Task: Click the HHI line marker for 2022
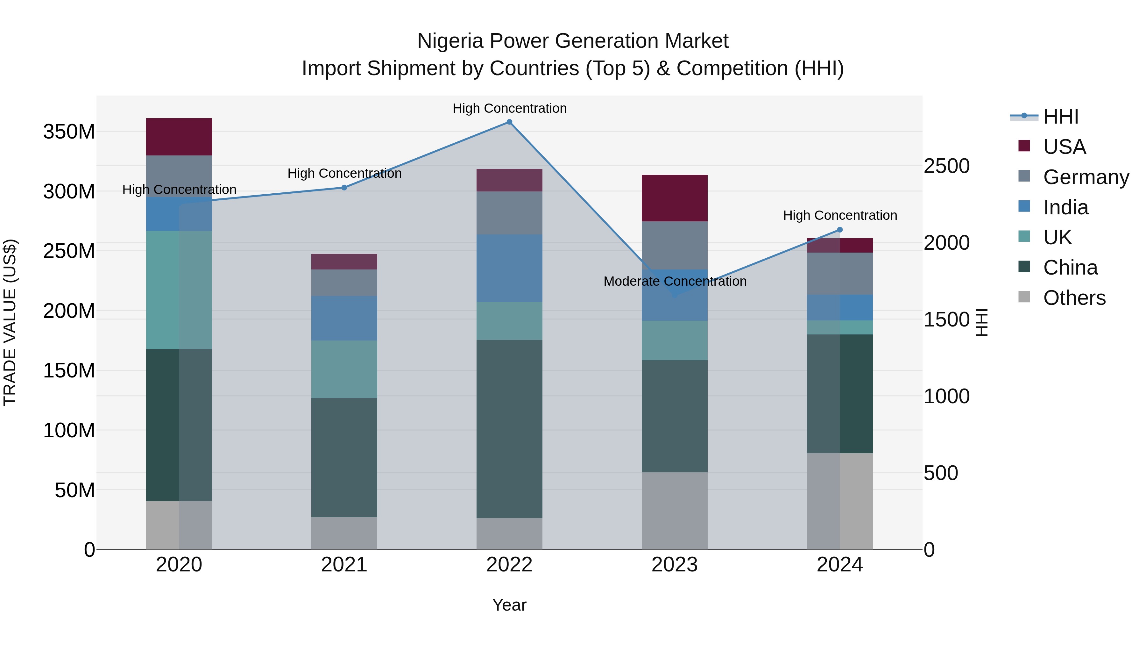point(509,122)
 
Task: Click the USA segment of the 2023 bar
point(675,198)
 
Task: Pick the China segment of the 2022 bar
point(509,429)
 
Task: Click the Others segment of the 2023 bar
point(675,511)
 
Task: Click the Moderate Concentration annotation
point(675,281)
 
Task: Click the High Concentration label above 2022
point(509,108)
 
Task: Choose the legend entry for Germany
point(1086,177)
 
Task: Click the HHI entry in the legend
point(1061,117)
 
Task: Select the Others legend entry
point(1074,298)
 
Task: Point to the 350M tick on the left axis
point(69,132)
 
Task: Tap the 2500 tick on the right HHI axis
point(946,166)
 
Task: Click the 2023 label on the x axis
point(675,565)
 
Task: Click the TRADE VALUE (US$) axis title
point(10,322)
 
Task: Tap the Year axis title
point(509,605)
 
